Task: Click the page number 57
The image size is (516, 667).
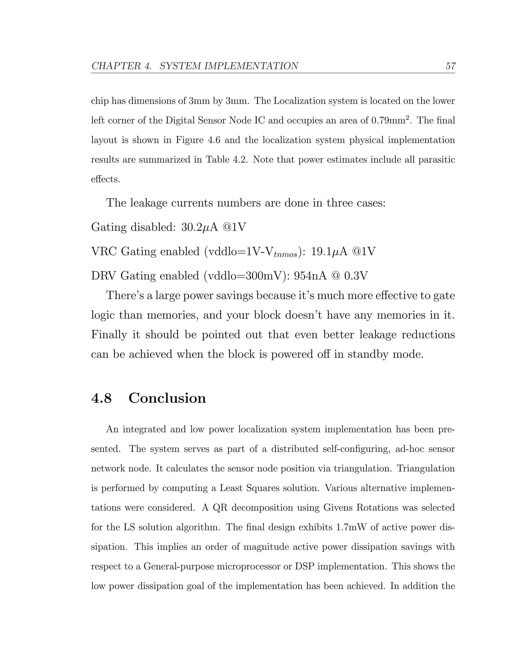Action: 450,66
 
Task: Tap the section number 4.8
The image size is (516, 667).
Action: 102,398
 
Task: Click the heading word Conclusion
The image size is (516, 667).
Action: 167,398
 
